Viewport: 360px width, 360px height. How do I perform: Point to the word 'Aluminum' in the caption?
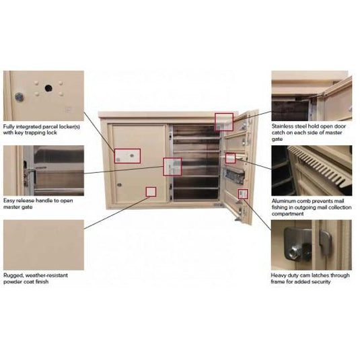point(285,201)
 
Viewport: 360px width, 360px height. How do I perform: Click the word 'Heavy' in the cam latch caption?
point(281,275)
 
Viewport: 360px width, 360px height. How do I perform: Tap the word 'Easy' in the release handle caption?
point(9,200)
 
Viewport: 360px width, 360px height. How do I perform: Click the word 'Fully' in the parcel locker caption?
point(10,125)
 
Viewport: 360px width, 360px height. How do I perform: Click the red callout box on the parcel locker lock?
point(127,156)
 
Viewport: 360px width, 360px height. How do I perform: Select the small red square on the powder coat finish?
point(151,191)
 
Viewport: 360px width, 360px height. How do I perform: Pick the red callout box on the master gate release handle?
point(172,166)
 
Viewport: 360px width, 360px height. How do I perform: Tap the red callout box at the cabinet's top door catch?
point(223,121)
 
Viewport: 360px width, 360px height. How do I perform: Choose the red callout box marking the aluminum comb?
point(230,157)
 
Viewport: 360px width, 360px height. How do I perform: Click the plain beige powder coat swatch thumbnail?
point(43,244)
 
